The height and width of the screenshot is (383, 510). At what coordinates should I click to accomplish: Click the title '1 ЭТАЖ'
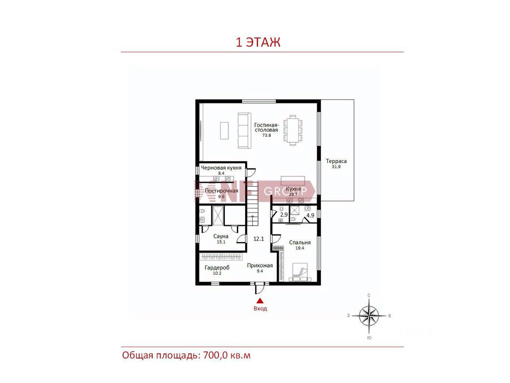coord(258,43)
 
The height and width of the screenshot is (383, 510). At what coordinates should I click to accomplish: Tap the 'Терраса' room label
coord(336,161)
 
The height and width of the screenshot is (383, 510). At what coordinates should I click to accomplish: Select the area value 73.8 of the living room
coord(266,135)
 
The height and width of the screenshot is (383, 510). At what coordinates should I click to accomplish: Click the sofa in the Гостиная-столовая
coord(244,131)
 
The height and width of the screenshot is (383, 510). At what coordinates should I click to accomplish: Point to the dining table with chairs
coord(293,130)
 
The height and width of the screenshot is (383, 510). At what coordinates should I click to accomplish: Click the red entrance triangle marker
coord(260,301)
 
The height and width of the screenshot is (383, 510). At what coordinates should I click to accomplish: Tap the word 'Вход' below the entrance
coord(260,308)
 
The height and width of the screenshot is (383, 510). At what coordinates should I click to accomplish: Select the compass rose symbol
coord(369,315)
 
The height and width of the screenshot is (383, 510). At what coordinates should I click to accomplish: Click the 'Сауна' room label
coord(221,236)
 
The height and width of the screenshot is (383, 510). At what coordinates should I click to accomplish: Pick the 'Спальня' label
coord(300,243)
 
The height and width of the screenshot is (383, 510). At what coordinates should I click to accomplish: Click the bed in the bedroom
coord(300,272)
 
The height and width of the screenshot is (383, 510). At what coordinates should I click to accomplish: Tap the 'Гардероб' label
coord(217,268)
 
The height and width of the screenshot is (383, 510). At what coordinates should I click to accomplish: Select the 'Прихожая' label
coord(260,265)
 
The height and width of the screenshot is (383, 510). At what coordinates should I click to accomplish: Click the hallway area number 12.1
coord(259,239)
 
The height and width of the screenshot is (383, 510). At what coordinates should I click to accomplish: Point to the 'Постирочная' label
coord(221,191)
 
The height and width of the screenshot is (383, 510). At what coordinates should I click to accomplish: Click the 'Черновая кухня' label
coord(221,168)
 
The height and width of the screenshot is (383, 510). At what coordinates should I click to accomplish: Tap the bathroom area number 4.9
coord(310,215)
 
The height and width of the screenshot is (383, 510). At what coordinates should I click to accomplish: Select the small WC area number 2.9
coord(284,214)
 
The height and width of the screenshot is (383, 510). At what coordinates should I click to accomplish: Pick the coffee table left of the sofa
coord(224,130)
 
